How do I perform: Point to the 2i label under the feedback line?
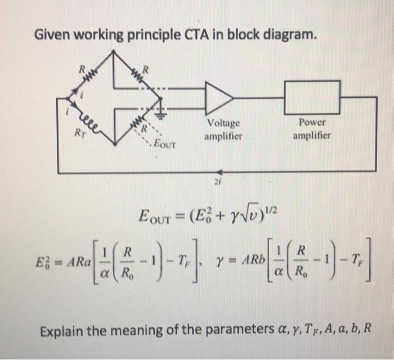216,182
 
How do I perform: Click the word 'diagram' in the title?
286,35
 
